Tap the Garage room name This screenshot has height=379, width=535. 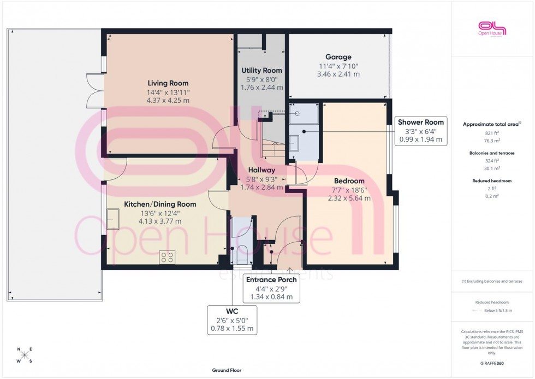[338, 57]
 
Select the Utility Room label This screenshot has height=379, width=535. [261, 71]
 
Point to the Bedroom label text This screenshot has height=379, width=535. [349, 181]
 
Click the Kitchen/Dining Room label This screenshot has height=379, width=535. [160, 204]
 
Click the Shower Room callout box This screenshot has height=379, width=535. [421, 131]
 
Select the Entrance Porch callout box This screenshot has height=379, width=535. [271, 288]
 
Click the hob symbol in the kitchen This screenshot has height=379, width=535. [167, 257]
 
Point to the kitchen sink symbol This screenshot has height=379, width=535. [114, 219]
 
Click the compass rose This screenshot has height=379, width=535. [25, 355]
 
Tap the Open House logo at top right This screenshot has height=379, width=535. [492, 28]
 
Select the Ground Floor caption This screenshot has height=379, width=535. [227, 370]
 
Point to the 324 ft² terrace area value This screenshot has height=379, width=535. [492, 161]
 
